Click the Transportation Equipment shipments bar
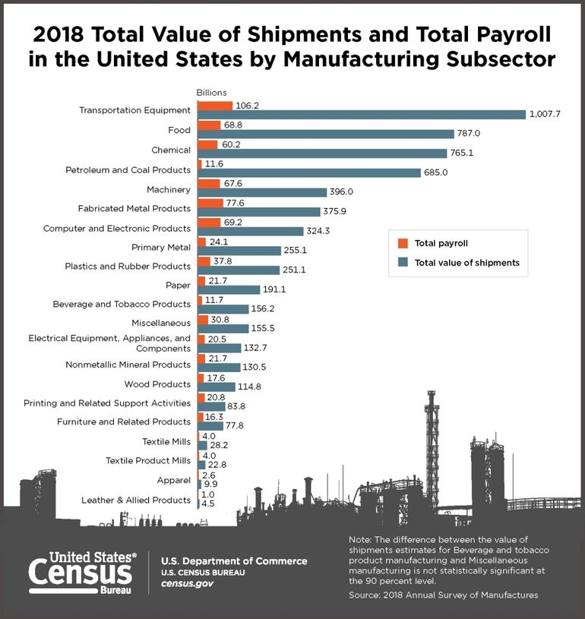[361, 115]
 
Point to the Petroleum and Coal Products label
[128, 169]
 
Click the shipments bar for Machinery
[261, 193]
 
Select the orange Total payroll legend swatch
[403, 244]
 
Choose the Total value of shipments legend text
[466, 263]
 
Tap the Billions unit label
[212, 93]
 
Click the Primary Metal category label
[160, 247]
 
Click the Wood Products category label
[160, 384]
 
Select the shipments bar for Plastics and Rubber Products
[238, 270]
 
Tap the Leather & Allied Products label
[135, 500]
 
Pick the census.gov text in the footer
[187, 583]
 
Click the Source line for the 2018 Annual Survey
[443, 595]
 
